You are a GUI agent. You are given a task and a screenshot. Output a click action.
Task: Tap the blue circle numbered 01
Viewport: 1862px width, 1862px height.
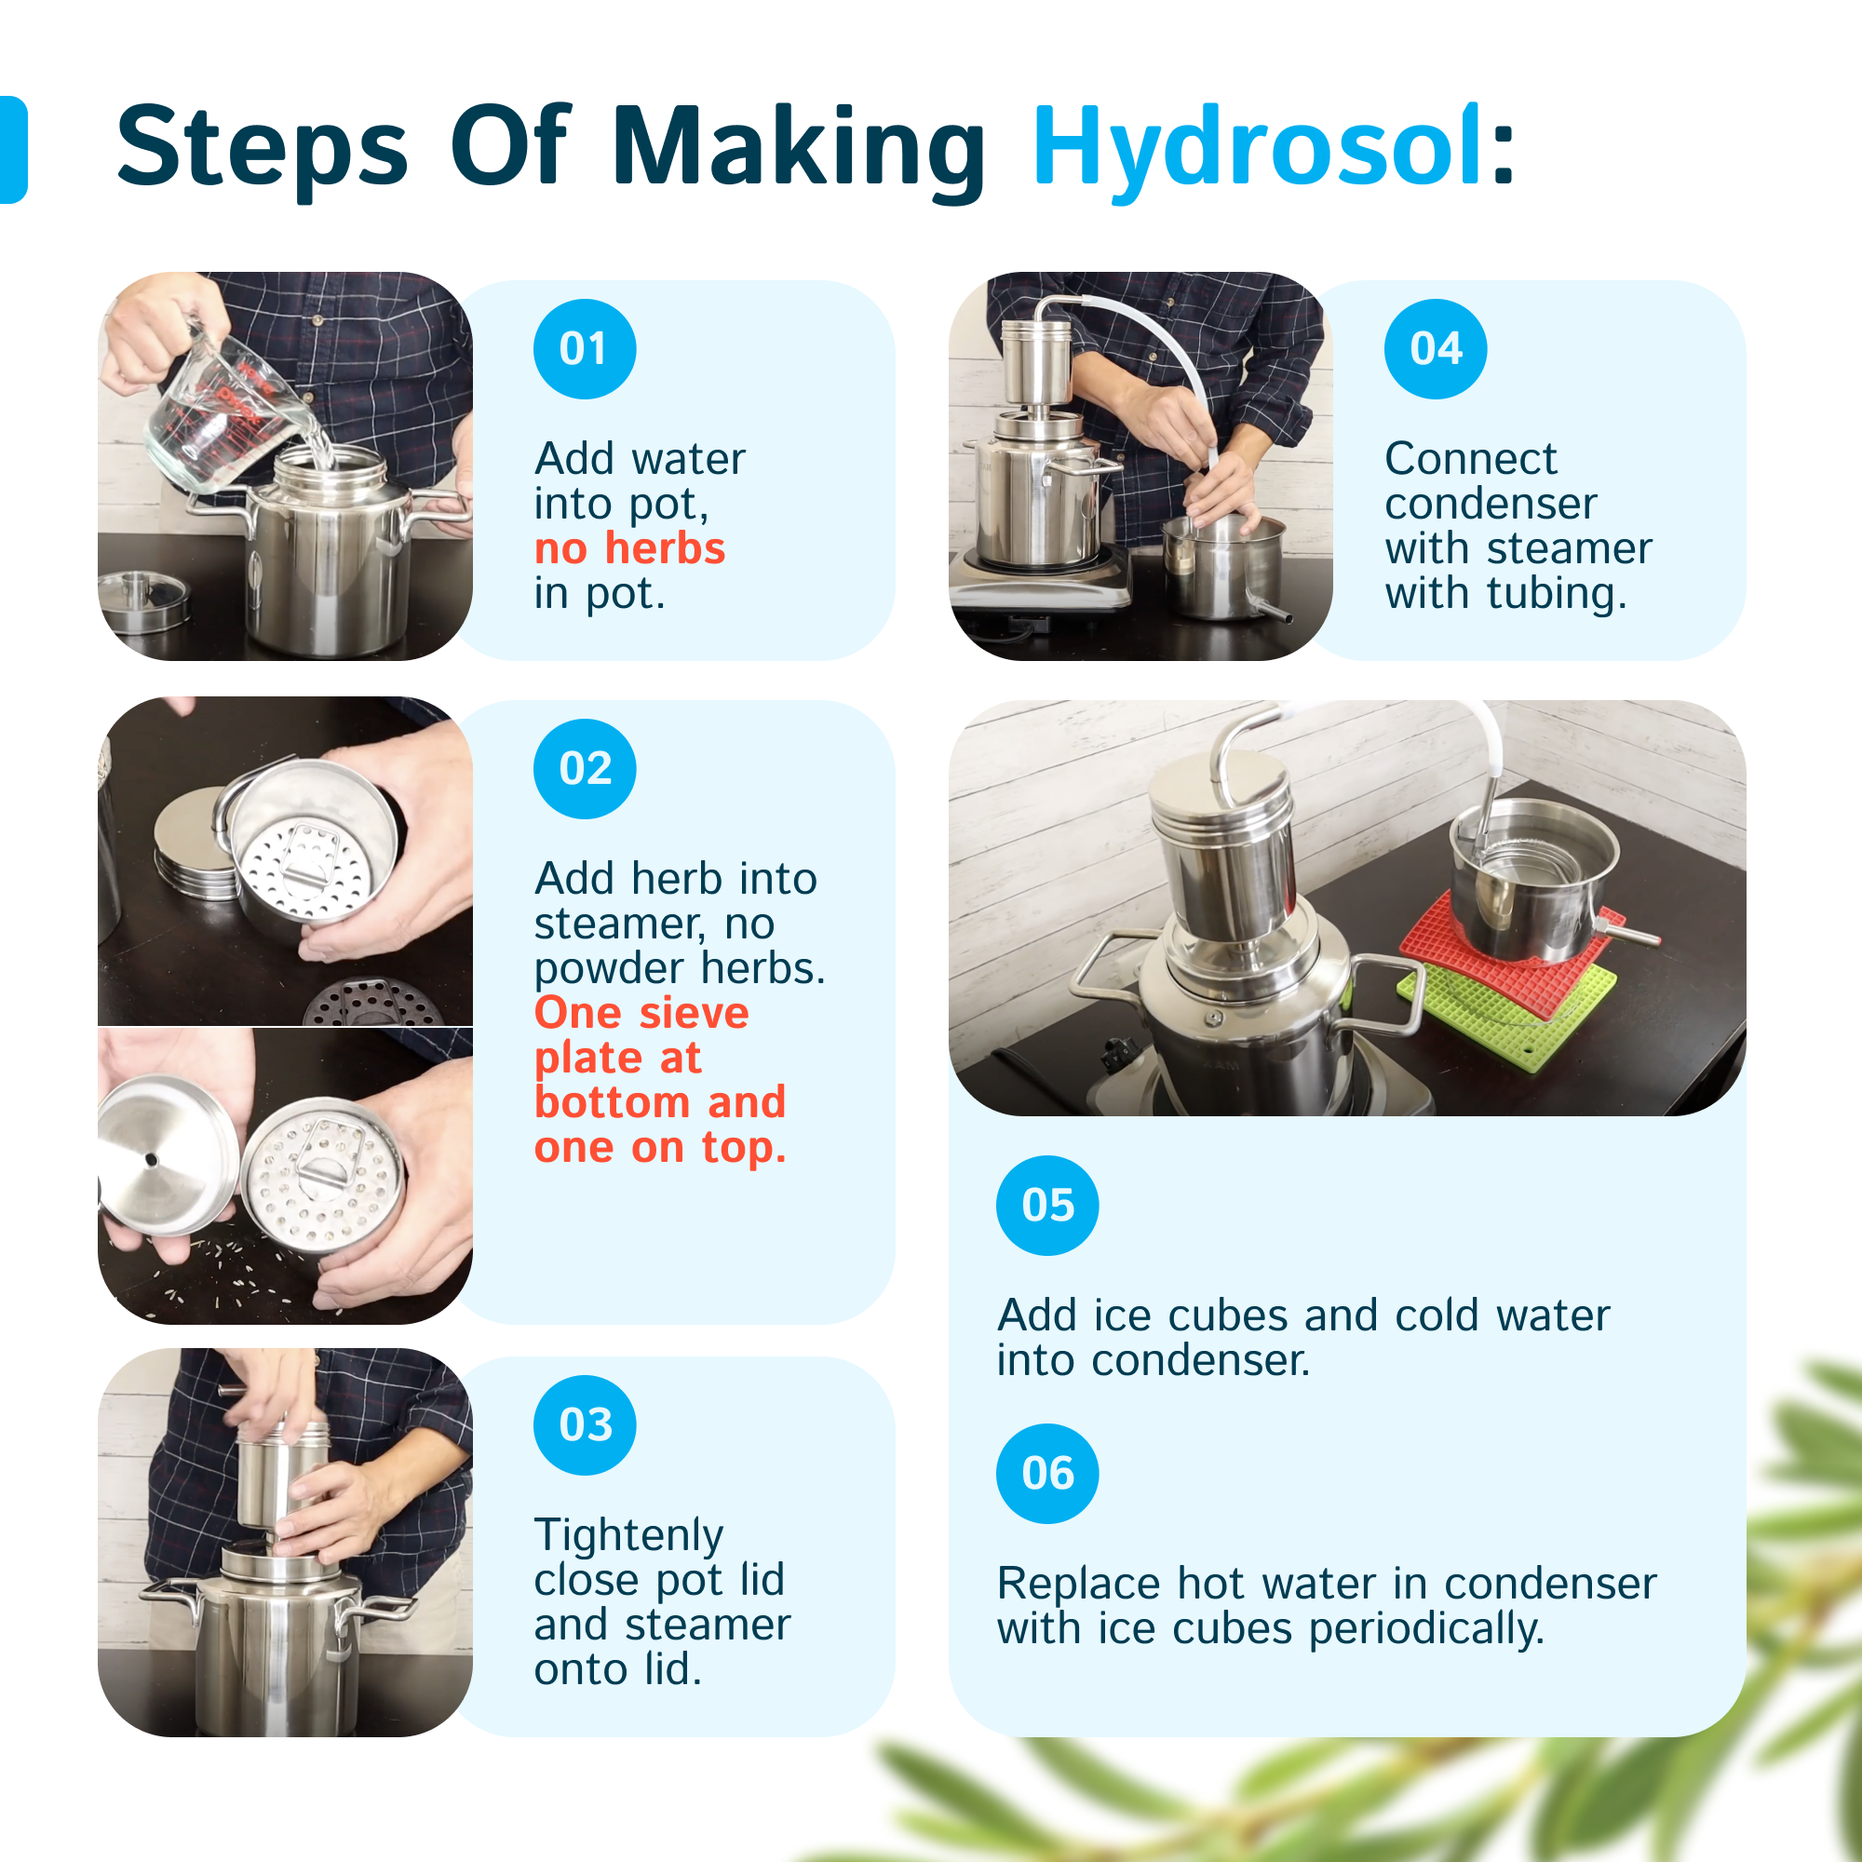click(x=585, y=349)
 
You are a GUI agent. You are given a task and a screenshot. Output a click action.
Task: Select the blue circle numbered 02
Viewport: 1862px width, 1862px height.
click(x=585, y=769)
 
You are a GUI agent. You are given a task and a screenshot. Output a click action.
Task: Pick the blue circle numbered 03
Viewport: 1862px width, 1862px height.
click(x=585, y=1425)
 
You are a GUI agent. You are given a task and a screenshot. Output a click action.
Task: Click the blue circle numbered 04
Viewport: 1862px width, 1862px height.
click(x=1436, y=349)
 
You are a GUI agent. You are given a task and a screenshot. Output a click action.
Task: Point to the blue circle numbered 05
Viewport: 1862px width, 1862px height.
click(x=1047, y=1206)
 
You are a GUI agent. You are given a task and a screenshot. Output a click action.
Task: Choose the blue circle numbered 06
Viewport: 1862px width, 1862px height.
click(x=1047, y=1474)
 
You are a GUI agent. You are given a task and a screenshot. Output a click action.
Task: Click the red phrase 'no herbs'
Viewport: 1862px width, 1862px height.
click(x=630, y=548)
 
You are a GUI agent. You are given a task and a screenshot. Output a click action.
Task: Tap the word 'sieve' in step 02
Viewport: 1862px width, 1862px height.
click(x=694, y=1013)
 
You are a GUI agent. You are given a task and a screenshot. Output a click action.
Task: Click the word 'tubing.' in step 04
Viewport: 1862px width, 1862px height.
click(x=1558, y=595)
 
